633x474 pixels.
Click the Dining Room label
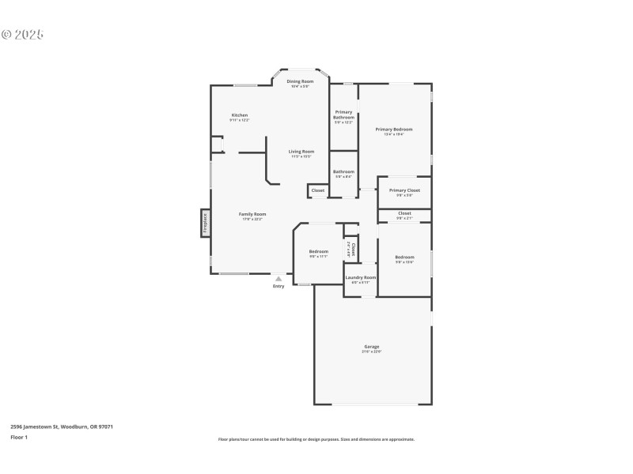(x=300, y=81)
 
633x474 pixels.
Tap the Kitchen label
(x=240, y=115)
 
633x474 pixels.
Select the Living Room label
(x=301, y=152)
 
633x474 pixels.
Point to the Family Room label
(x=253, y=214)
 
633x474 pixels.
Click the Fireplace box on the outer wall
(x=205, y=222)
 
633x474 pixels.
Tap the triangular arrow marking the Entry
(x=279, y=278)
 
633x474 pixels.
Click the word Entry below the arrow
(x=279, y=286)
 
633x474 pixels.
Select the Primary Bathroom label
(x=343, y=115)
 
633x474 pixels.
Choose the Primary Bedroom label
(x=394, y=130)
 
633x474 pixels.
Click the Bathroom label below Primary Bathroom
(x=343, y=171)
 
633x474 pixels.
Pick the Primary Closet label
(x=404, y=190)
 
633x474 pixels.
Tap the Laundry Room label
(x=360, y=277)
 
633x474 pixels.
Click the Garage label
(x=372, y=347)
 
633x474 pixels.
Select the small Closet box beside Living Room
(x=317, y=190)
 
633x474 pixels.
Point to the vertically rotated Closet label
(x=353, y=250)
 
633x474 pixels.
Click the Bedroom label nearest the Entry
(x=318, y=252)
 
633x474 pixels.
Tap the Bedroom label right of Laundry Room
(x=404, y=257)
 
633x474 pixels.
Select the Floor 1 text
(x=19, y=437)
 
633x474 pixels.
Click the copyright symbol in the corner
(x=7, y=35)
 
